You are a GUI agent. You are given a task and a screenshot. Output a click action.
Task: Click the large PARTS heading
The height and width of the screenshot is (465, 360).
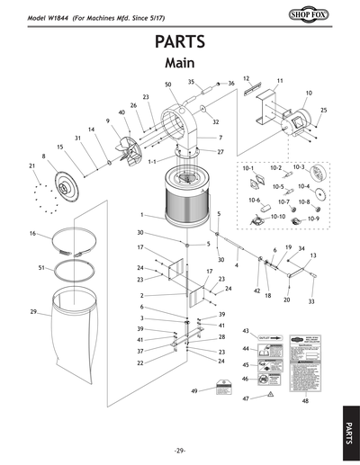point(179,43)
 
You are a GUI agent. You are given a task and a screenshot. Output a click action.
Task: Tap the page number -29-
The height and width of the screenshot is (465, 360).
point(179,450)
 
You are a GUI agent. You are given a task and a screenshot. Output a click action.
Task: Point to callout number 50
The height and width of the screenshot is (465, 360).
point(168,85)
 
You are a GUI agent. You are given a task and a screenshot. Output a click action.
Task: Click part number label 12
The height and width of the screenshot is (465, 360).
point(246,79)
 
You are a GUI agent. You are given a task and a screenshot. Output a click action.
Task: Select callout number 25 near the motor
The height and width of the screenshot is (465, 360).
point(323,110)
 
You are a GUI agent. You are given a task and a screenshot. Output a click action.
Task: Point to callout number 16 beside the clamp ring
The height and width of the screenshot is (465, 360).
point(31,234)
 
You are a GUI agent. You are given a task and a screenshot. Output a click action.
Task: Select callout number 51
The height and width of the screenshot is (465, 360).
point(42,268)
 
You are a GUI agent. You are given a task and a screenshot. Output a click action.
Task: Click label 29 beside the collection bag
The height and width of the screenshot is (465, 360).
point(33,311)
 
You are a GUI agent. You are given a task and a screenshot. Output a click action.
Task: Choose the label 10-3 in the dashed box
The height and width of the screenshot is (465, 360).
point(300,168)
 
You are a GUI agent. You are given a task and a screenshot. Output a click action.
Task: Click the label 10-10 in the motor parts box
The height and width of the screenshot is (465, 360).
point(277,217)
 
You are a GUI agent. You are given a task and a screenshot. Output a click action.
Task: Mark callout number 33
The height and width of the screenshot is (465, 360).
point(311,302)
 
